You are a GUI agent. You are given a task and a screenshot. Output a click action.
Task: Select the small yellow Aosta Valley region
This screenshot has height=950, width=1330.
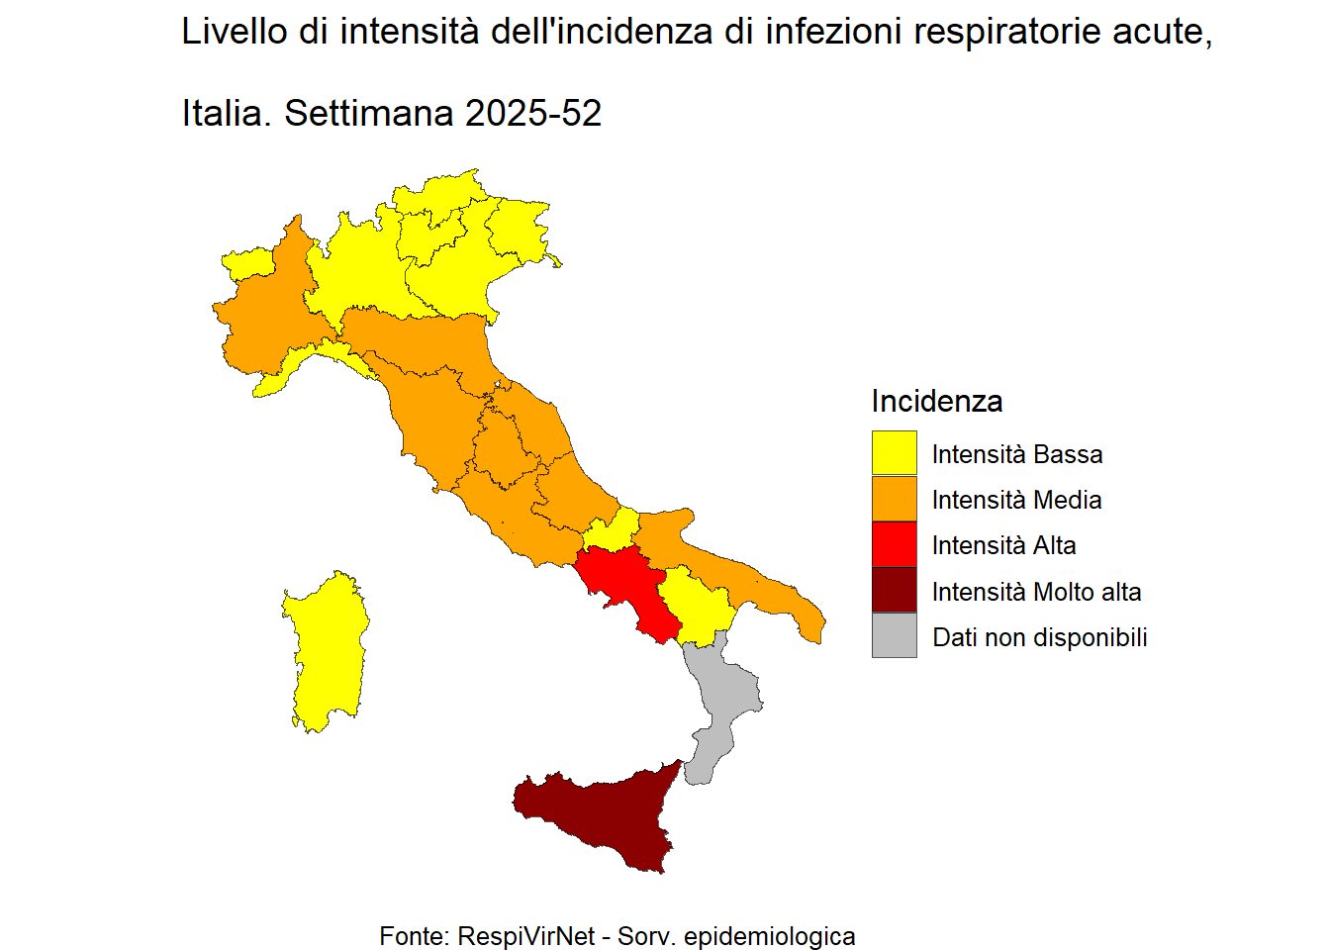tap(247, 263)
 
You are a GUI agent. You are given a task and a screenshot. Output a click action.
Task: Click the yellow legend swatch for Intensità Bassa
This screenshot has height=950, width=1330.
tap(894, 453)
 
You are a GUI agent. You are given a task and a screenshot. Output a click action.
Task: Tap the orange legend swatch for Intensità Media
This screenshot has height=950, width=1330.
tap(894, 499)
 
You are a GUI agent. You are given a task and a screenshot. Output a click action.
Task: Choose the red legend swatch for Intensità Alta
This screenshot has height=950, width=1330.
tap(894, 544)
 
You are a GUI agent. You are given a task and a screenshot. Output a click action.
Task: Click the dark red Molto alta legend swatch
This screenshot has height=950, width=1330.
tap(894, 591)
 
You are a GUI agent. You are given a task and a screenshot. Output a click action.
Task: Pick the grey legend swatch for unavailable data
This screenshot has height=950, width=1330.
tap(894, 636)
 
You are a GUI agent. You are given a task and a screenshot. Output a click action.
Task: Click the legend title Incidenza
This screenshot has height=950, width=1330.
tap(936, 401)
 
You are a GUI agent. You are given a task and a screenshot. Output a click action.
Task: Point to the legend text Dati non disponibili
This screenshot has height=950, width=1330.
tap(1039, 637)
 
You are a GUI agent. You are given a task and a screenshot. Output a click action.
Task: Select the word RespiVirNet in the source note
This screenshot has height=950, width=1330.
tap(526, 935)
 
